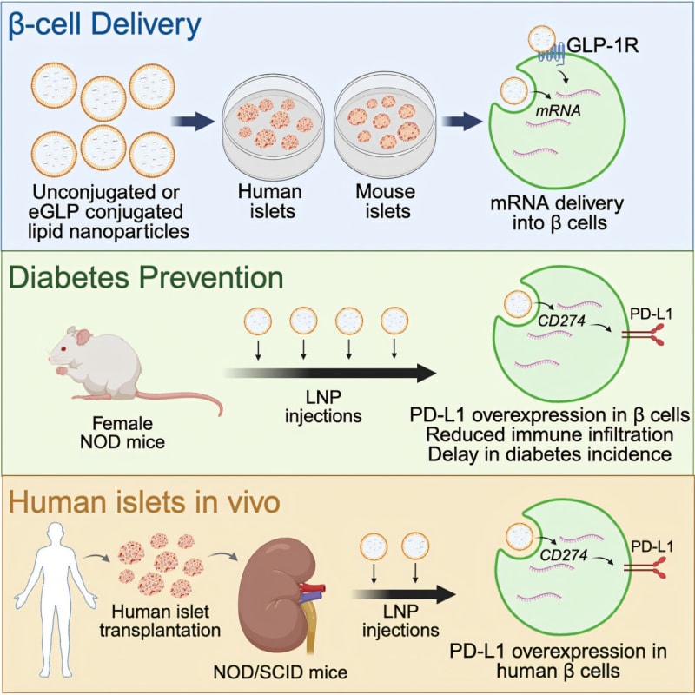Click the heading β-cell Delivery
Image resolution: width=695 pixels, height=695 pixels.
[x=106, y=27]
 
